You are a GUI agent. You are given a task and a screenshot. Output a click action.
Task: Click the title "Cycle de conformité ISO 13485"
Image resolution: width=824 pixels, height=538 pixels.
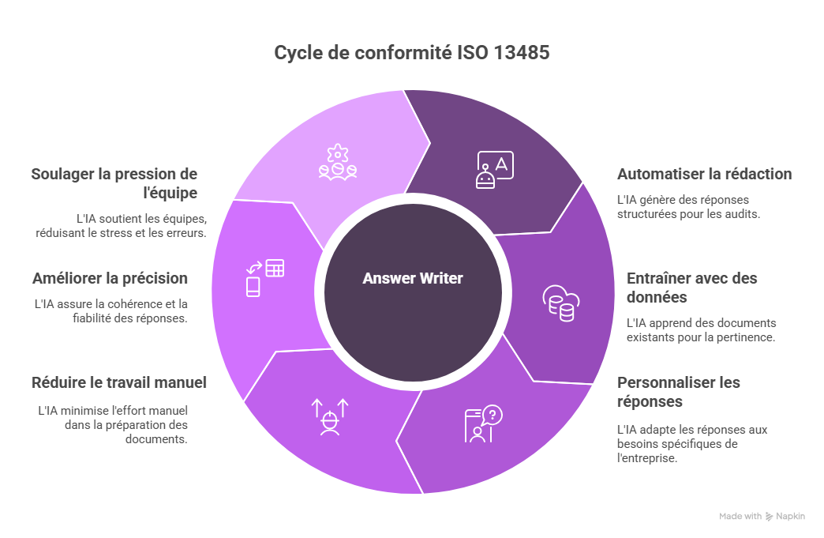coord(412,54)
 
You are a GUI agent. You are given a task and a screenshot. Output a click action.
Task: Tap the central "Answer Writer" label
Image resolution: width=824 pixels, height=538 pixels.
coord(413,278)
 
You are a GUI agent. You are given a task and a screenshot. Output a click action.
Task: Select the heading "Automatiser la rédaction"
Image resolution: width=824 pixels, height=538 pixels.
coord(704,174)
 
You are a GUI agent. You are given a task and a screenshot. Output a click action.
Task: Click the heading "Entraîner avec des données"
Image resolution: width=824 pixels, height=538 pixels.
coord(691,288)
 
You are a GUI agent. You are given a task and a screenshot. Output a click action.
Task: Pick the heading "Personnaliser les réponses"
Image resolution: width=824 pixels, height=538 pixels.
coord(679,392)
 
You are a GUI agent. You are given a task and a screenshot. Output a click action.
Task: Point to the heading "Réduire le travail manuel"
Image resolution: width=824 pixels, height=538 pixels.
coord(118,382)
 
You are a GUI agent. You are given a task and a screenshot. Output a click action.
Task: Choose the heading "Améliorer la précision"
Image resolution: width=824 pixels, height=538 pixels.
coord(110,278)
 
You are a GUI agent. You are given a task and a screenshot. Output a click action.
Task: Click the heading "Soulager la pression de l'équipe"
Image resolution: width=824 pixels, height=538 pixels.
coord(114,182)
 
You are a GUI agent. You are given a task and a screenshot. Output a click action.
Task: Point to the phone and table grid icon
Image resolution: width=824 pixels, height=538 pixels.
coord(264,277)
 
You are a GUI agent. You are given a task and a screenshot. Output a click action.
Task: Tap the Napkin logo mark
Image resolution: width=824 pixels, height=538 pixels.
coord(770,516)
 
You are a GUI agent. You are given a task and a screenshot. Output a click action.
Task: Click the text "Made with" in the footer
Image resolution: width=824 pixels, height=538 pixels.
coord(740,516)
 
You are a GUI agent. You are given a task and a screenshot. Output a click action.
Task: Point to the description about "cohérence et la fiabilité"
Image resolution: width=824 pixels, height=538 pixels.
coord(110,311)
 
